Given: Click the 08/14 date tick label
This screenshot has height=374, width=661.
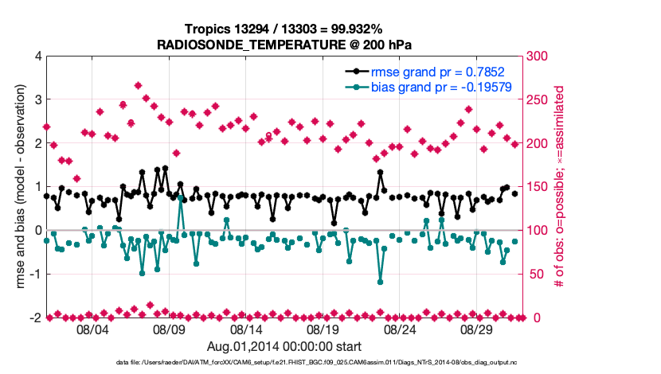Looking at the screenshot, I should click(246, 329).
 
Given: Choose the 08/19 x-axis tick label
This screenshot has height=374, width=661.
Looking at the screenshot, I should click(323, 329).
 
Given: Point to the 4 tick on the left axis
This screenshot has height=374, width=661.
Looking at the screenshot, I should click(37, 56).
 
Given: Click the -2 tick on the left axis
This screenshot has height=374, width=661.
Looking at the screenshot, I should click(35, 318).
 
